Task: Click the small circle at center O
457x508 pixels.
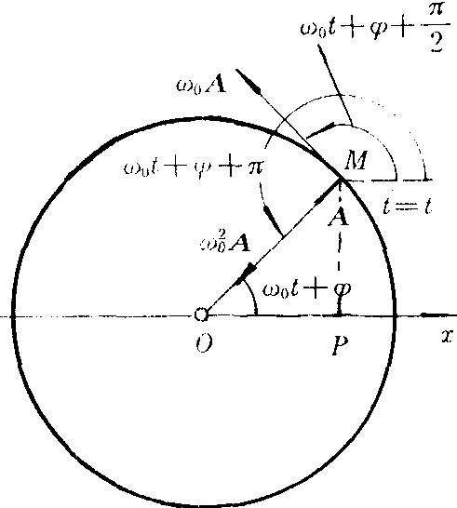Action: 201,314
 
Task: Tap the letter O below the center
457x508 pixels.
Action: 204,343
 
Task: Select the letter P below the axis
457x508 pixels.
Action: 341,344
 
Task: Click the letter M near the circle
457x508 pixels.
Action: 356,160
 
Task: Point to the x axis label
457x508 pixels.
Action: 448,337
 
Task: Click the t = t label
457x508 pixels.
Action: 408,206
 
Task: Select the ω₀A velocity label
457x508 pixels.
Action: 201,86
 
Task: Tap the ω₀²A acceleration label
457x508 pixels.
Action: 225,241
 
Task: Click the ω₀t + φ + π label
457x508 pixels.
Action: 194,168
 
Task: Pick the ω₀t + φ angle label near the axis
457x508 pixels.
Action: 306,289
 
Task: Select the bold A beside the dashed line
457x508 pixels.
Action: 338,217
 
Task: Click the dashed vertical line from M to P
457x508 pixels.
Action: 339,247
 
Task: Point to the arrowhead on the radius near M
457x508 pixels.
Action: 326,192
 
